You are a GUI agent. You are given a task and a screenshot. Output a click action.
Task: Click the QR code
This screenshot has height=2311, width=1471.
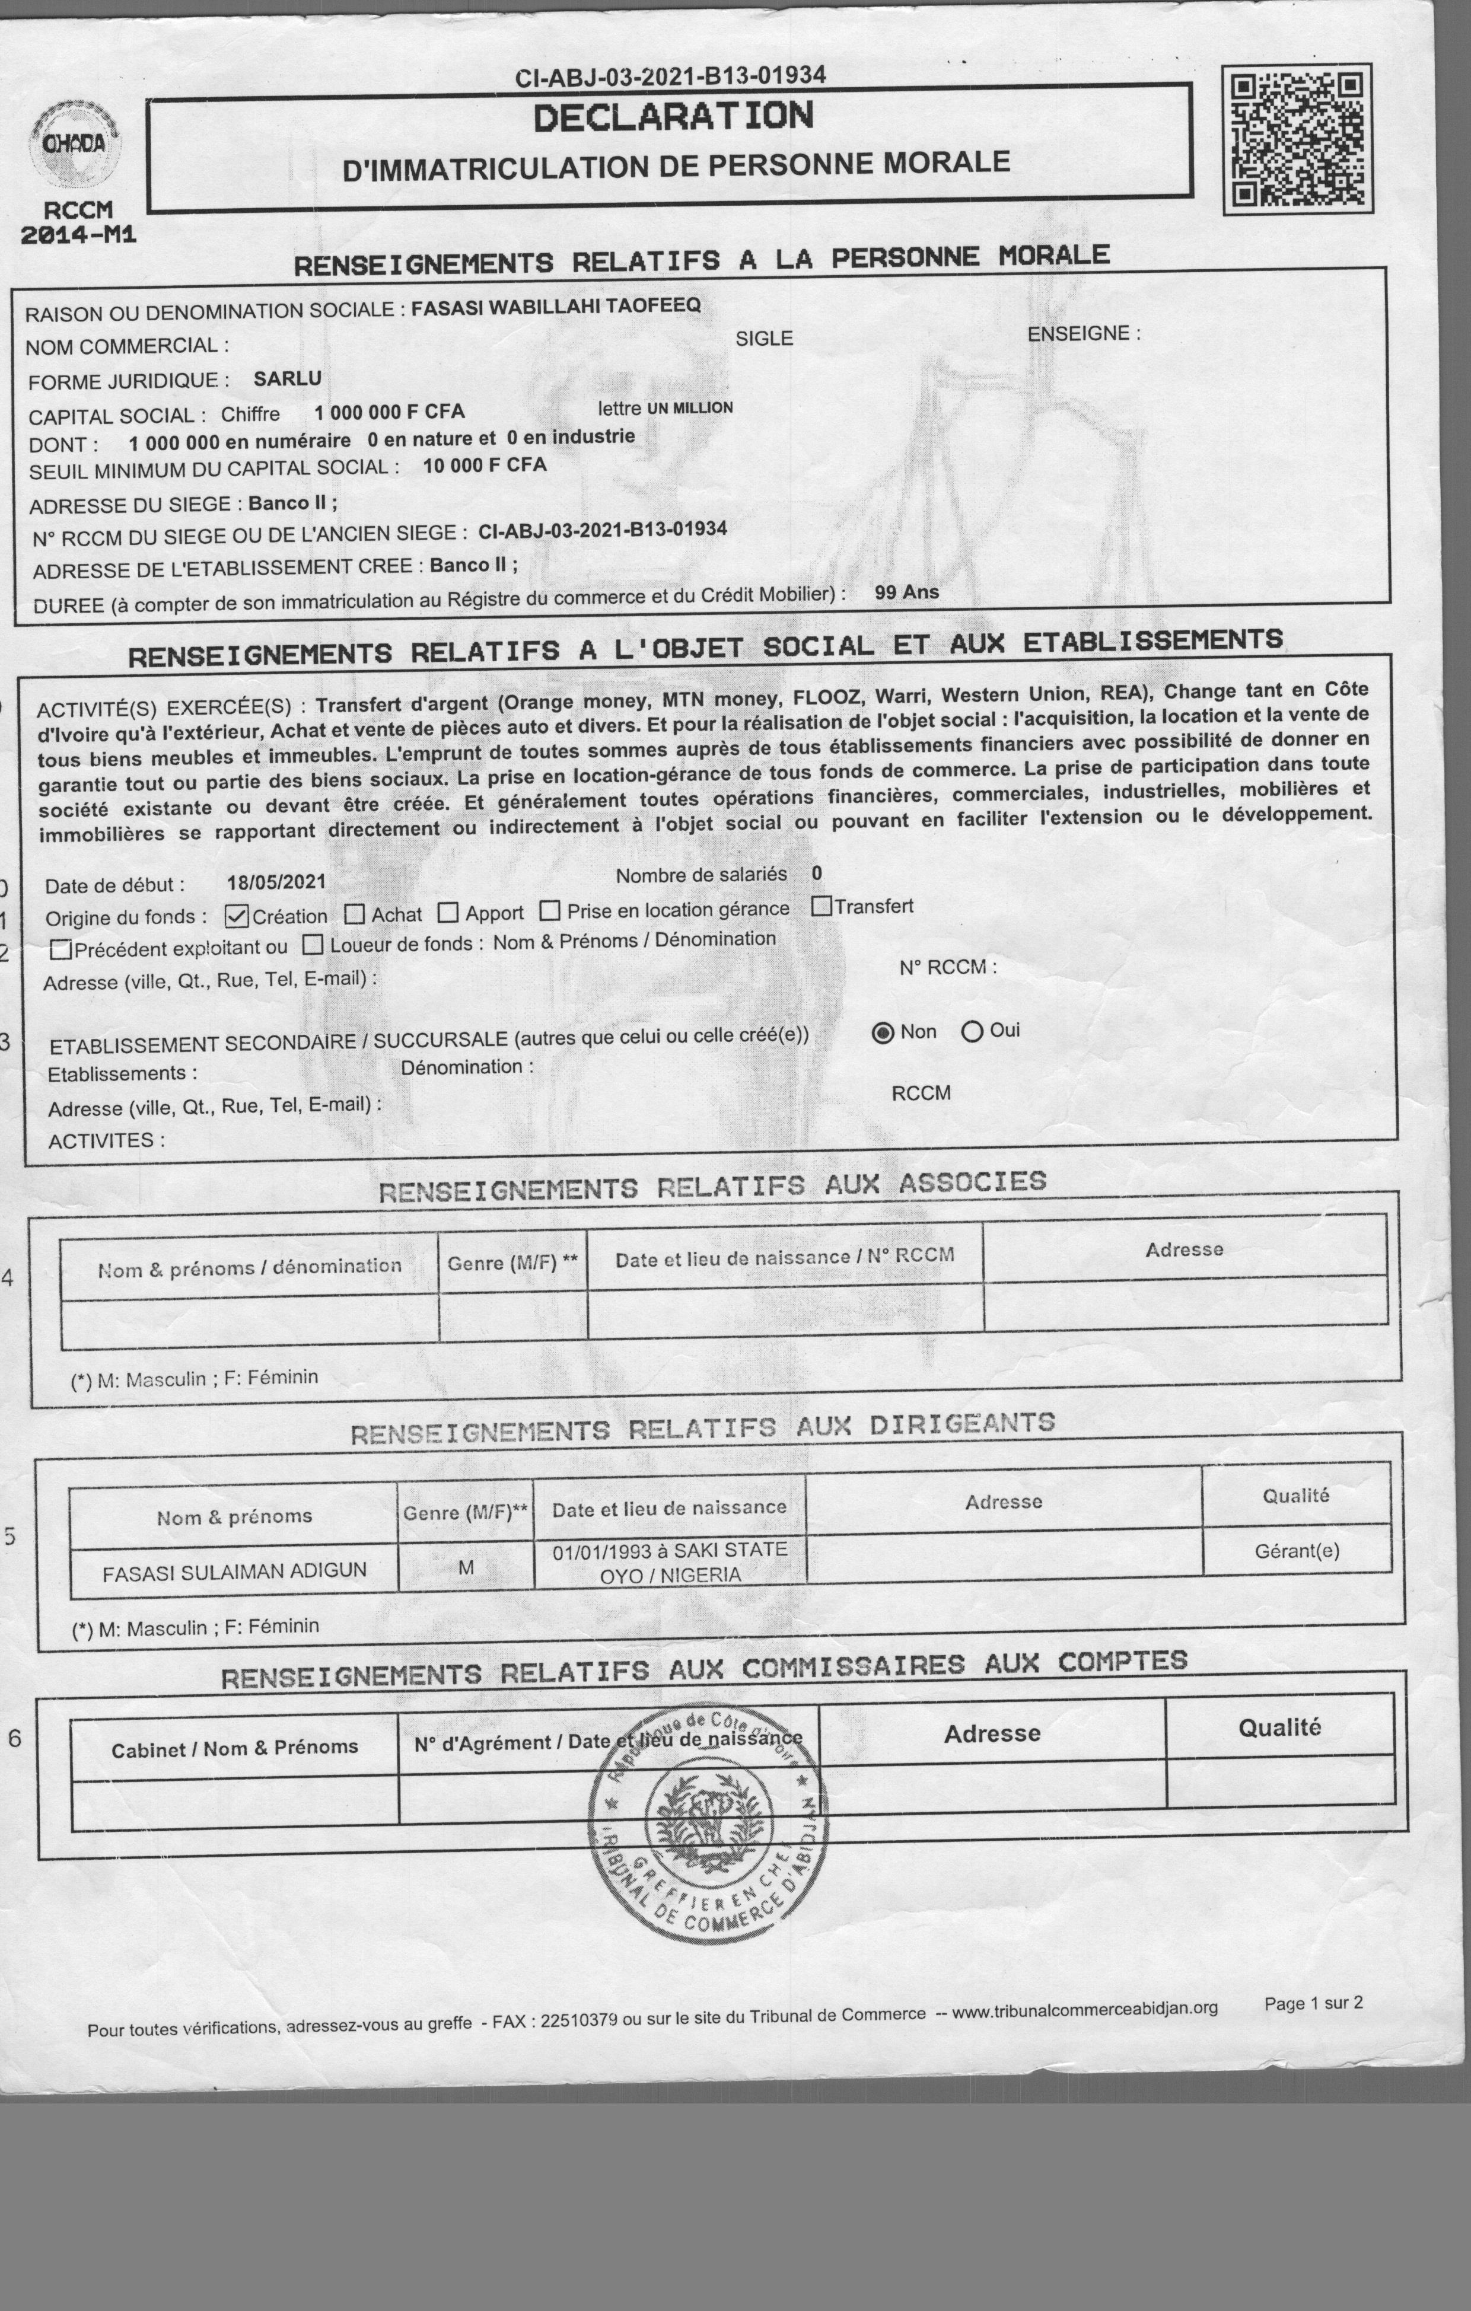1297,140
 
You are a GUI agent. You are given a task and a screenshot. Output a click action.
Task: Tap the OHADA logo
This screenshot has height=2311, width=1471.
74,144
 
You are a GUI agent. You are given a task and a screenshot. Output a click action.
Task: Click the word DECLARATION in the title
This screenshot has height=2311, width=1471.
673,117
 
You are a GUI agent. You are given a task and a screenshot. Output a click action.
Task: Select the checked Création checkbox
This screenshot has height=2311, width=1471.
237,917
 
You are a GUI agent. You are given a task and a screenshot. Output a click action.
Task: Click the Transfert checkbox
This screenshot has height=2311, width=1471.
821,906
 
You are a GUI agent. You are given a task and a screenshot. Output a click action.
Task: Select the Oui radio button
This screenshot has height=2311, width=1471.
972,1032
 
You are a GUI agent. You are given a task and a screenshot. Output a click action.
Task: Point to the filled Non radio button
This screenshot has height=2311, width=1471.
883,1032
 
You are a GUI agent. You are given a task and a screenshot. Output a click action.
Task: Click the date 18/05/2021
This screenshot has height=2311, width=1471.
276,882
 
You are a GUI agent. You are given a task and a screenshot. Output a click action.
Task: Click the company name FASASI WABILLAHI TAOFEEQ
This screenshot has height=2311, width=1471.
556,306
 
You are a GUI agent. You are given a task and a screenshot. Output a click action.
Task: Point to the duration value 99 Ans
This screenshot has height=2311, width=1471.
906,592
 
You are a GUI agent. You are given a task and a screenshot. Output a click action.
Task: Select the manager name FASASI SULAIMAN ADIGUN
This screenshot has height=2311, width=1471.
234,1571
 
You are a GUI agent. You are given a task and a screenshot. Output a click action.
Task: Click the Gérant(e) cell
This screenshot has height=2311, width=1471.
1296,1551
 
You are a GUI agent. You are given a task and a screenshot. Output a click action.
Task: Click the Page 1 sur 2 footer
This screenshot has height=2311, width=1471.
1313,2003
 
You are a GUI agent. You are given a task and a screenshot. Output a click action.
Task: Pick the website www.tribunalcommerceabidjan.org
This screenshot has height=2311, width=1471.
1085,2009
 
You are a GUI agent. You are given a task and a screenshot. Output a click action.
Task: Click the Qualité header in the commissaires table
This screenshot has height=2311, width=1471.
1279,1727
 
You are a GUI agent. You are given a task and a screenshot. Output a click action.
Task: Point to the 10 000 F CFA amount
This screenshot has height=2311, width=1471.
484,466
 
